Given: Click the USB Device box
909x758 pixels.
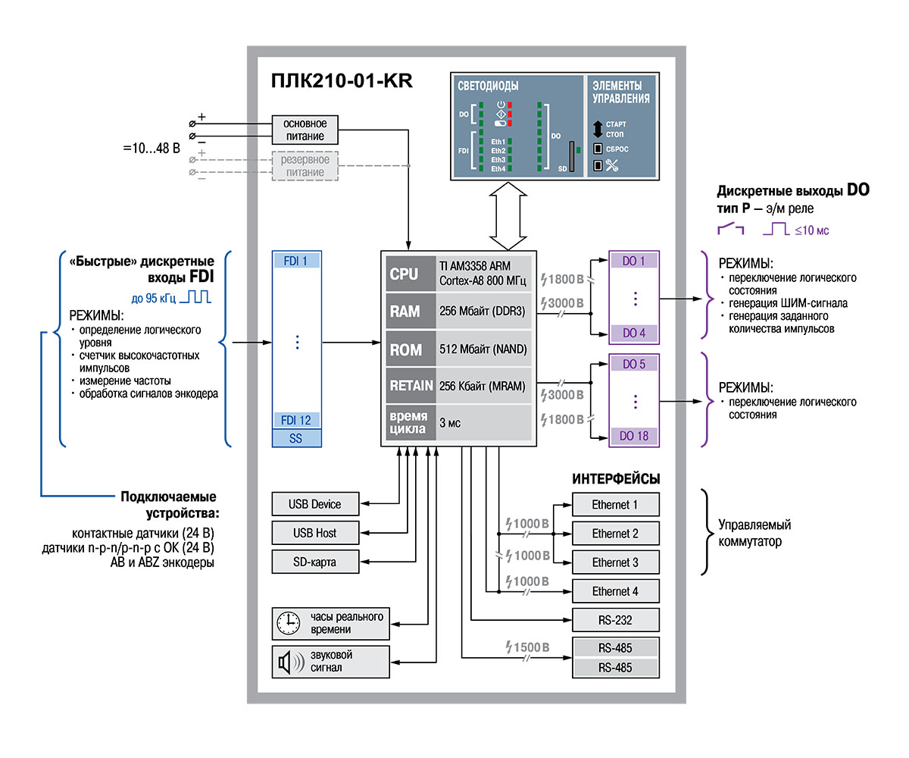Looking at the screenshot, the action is point(315,504).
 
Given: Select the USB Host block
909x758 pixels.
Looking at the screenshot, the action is point(315,533).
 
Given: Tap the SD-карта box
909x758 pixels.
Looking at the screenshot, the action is point(315,562).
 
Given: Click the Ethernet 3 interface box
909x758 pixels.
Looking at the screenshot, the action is point(616,562).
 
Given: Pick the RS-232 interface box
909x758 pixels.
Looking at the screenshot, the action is point(616,620).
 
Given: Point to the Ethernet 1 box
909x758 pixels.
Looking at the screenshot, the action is point(616,505).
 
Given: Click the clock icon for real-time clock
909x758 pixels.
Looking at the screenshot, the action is point(288,623).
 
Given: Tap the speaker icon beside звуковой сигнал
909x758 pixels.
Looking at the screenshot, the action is point(291,662).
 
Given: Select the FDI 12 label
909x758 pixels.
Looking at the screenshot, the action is point(296,421).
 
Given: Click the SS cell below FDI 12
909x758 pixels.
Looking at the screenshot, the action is point(296,438).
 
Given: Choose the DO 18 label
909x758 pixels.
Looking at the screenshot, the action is point(634,436).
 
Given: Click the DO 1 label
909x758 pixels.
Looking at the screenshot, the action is point(634,261).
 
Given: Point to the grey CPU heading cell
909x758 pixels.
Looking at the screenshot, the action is point(411,274).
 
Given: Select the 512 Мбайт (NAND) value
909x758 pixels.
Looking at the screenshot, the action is point(483,349).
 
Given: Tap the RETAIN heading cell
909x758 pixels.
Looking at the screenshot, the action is point(411,386).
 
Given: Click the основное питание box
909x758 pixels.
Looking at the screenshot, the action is point(305,130).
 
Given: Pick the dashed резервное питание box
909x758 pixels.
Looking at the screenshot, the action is point(305,166).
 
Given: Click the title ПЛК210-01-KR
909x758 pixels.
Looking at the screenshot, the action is point(342,81).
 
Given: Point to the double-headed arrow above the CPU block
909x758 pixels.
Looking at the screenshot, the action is point(508,216).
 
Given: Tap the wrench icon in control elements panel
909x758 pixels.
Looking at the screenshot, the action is point(611,165).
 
